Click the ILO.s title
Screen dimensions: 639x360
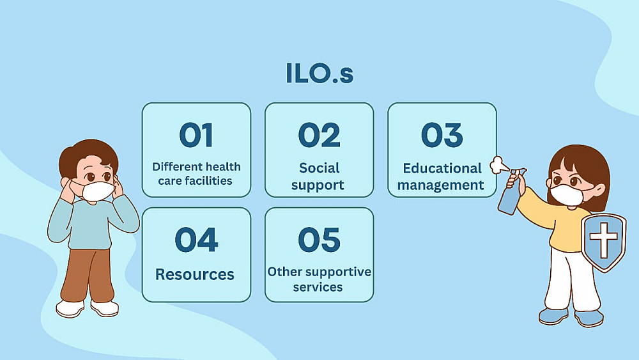(x=319, y=74)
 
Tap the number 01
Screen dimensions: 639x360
(x=196, y=135)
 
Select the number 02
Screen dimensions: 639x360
(x=319, y=135)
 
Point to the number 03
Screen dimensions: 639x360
(x=442, y=135)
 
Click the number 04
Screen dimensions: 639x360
(x=196, y=240)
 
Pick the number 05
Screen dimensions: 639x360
(x=319, y=240)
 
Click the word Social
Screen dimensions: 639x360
(x=319, y=168)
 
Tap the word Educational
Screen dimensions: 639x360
(x=442, y=168)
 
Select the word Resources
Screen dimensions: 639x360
(x=195, y=274)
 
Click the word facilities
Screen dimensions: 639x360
(x=210, y=180)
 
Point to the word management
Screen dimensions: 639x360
(x=440, y=185)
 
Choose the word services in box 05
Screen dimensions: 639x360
(x=318, y=287)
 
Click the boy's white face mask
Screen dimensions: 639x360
(x=98, y=191)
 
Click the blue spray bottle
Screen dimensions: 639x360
(x=511, y=194)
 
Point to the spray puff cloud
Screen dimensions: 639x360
(x=498, y=165)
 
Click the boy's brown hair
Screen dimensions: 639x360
(x=88, y=155)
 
